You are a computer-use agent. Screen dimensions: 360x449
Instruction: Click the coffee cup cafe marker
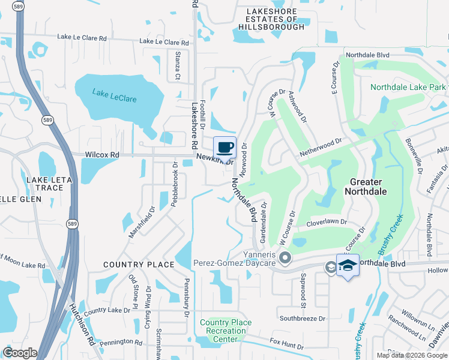[224, 148]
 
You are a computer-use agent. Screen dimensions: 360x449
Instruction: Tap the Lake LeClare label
[114, 94]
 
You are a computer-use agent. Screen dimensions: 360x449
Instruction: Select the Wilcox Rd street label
[102, 155]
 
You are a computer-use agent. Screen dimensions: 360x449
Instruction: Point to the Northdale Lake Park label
[408, 88]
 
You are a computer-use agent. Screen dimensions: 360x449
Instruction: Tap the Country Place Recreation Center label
[226, 331]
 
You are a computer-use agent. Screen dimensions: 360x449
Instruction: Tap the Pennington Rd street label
[121, 342]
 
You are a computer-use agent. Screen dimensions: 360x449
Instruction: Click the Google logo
[20, 353]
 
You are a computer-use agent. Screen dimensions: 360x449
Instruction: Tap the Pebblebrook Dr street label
[174, 185]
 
